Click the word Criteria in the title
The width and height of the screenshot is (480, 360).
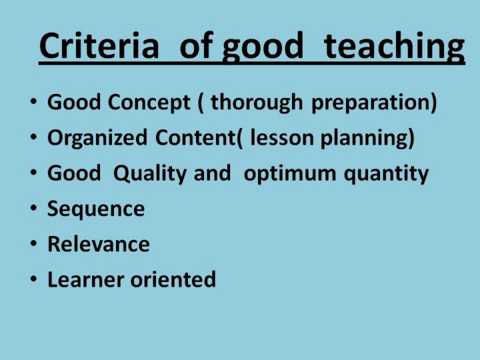[x=99, y=45]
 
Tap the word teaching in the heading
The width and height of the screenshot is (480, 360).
[x=394, y=47]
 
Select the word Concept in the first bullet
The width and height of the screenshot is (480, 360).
[x=149, y=102]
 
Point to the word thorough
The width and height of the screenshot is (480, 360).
[x=257, y=102]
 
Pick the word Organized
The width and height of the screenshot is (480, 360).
[x=97, y=139]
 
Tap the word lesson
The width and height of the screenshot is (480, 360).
[x=282, y=138]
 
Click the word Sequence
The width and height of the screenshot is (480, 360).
[x=96, y=209]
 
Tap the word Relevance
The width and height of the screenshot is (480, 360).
[x=99, y=244]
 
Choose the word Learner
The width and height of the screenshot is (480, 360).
[x=86, y=279]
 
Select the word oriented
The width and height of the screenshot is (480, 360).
[x=173, y=279]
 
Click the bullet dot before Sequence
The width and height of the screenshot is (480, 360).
[x=34, y=208]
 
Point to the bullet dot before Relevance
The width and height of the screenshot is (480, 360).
[x=34, y=243]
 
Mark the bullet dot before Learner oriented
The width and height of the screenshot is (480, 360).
[x=34, y=279]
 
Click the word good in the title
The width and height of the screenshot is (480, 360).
[x=263, y=47]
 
